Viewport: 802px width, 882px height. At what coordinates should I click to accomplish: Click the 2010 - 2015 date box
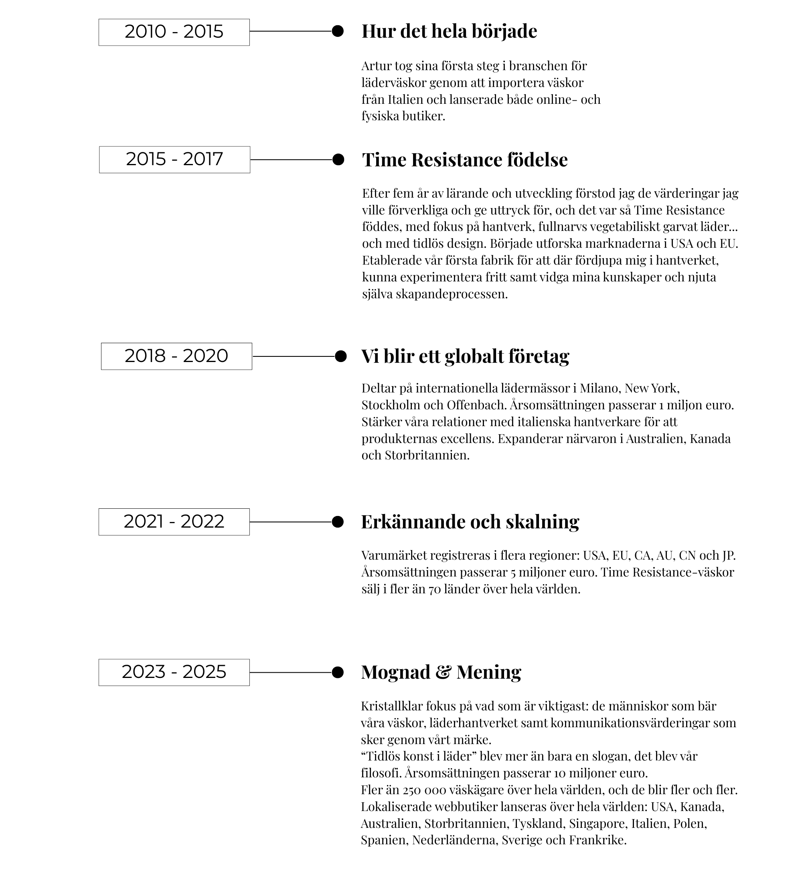point(174,32)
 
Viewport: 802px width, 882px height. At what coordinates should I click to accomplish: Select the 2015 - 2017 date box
point(174,160)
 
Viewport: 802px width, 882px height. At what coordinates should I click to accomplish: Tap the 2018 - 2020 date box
point(176,356)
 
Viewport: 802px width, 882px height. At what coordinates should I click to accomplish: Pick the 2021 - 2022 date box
point(174,522)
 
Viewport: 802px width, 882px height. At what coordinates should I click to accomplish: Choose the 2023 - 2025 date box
point(174,672)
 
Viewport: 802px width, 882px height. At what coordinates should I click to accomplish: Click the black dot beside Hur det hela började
point(337,31)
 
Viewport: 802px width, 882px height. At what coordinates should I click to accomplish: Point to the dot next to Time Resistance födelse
point(338,160)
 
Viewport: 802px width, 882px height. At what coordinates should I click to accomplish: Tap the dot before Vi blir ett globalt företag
point(340,356)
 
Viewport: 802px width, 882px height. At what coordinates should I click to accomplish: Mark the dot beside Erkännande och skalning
point(337,522)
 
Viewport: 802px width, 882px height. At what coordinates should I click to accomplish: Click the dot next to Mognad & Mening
point(337,672)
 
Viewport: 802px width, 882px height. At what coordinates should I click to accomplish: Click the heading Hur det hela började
point(449,31)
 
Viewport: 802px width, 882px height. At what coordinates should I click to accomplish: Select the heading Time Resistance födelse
point(465,160)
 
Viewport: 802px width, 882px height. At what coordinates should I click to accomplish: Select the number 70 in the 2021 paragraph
point(434,589)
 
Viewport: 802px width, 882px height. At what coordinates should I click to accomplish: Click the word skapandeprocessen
point(452,294)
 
